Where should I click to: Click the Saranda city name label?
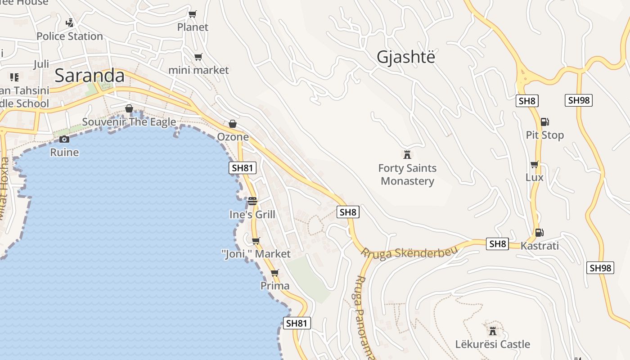(90, 76)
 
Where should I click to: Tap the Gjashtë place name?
(406, 57)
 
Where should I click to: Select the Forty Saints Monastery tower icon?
(407, 155)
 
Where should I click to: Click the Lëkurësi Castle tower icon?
(493, 331)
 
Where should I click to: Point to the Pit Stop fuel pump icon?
(544, 121)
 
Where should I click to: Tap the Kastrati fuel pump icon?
(539, 233)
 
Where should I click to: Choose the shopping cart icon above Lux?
(534, 164)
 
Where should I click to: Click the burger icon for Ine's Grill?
(252, 201)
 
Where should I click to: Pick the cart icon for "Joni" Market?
(256, 241)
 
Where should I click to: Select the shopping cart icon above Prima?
(274, 273)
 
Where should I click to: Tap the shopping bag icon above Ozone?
(233, 123)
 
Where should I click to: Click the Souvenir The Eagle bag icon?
(129, 108)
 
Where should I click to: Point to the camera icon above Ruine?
(64, 139)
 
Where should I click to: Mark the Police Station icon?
(70, 22)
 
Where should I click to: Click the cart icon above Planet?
(193, 14)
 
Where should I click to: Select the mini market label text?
(198, 70)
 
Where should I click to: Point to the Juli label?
(41, 64)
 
